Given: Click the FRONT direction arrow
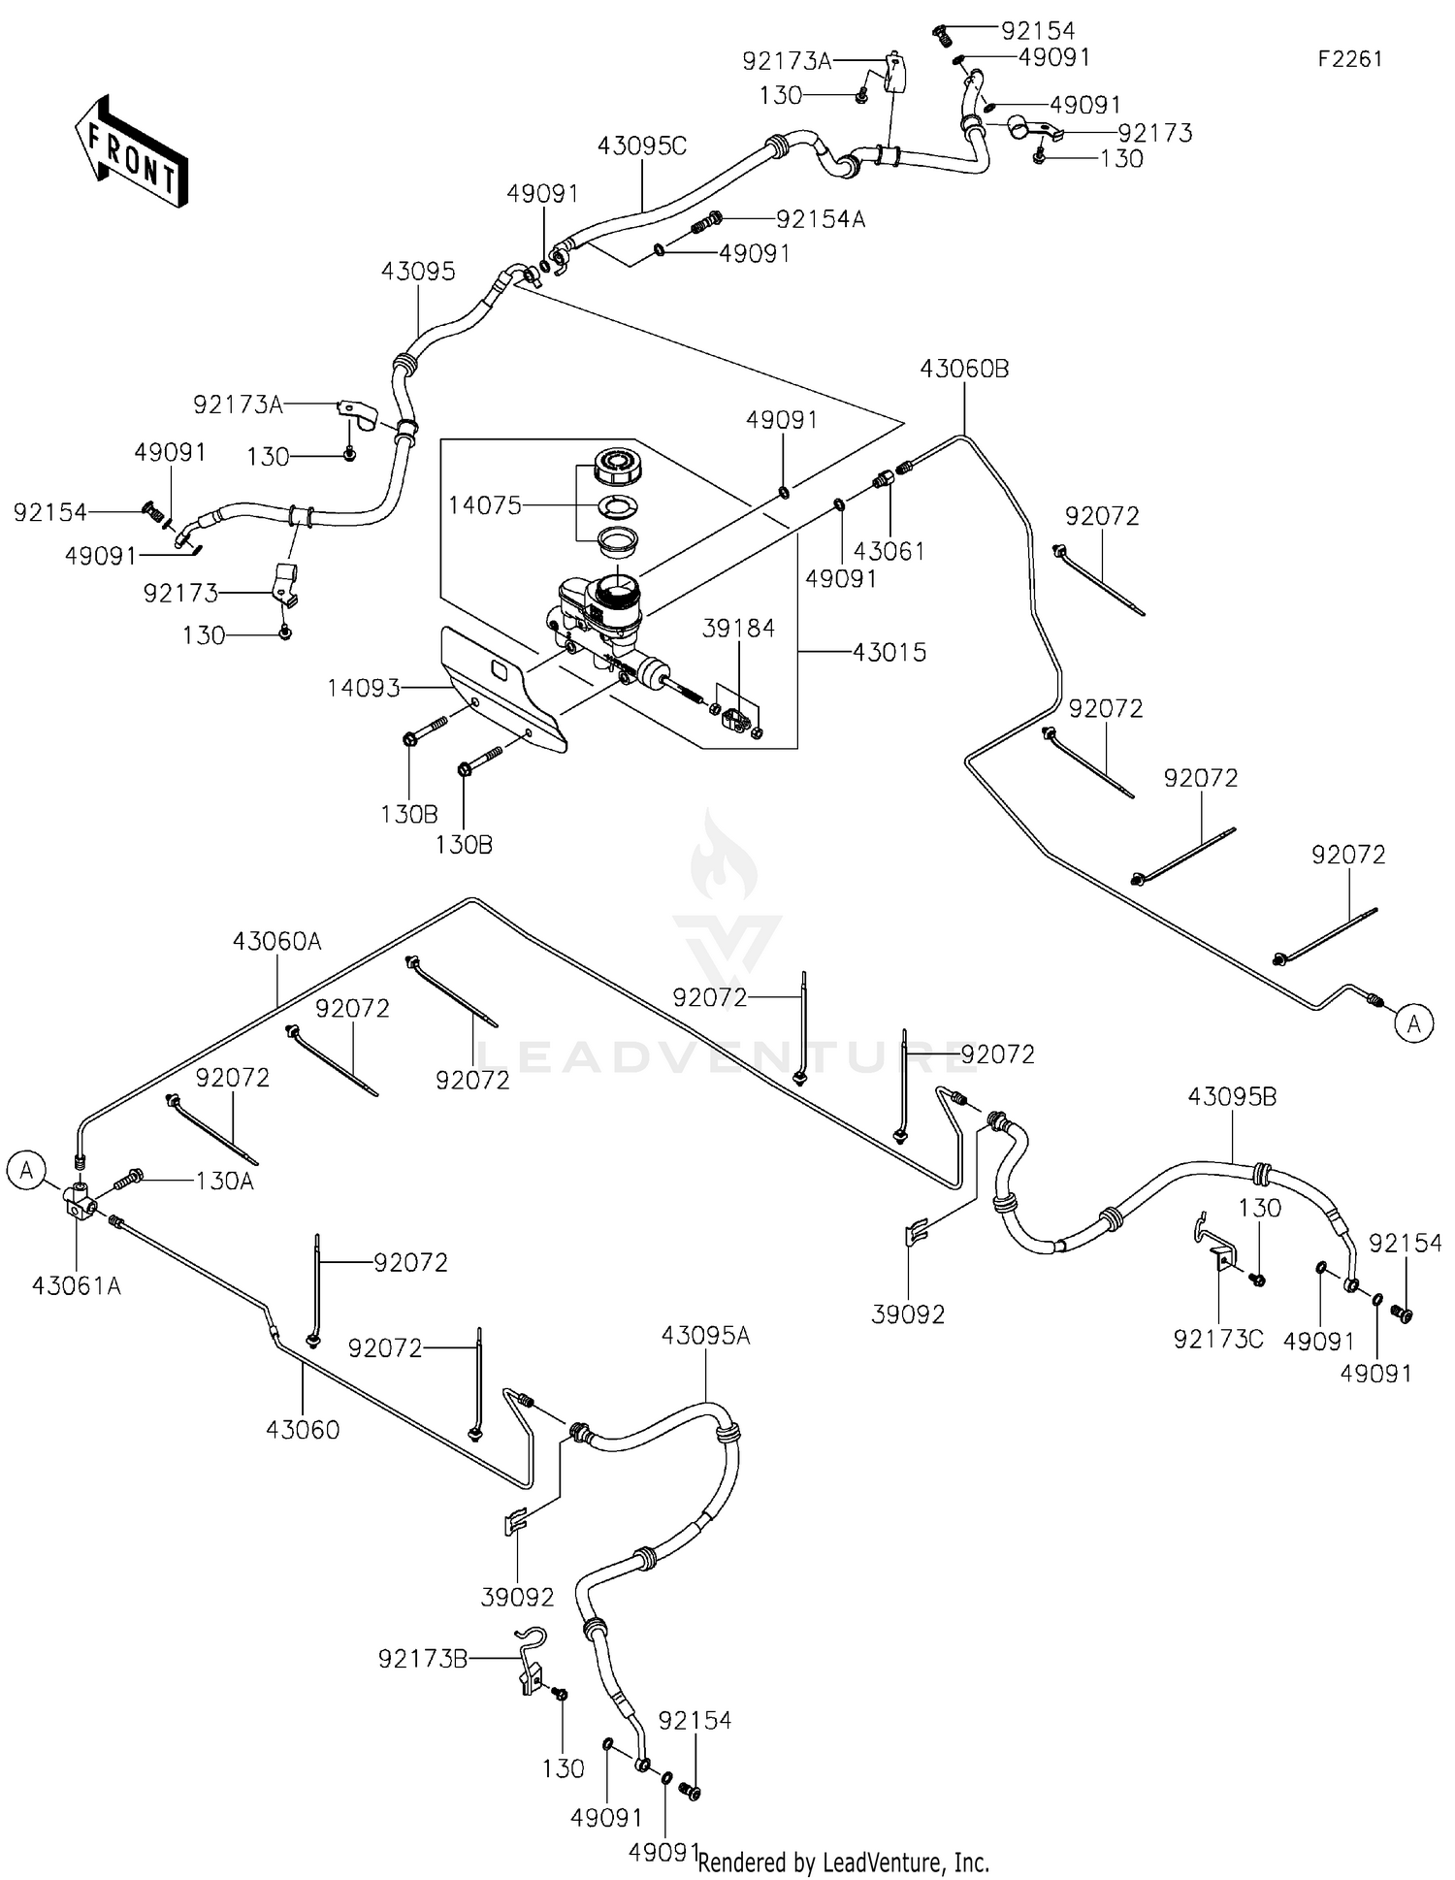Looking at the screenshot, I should (132, 152).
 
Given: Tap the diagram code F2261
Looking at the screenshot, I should (1349, 59).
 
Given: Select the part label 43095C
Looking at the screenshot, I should (641, 146).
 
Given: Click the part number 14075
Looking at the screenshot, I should (484, 505).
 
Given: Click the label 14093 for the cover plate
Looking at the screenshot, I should (363, 688).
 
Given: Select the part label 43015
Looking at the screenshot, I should (889, 652).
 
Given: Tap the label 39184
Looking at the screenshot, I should (738, 629).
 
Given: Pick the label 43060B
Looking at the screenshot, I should (964, 369).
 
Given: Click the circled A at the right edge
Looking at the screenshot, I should (1413, 1023).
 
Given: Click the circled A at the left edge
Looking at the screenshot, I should (26, 1171).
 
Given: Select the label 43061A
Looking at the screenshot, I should (77, 1286).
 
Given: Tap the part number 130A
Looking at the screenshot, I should (224, 1181).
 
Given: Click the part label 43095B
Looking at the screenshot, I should (1232, 1096).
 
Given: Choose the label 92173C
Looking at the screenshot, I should (1218, 1339).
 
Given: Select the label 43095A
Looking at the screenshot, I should (705, 1336).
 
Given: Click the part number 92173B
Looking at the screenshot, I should (423, 1659).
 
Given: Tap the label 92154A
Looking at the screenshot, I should (820, 219).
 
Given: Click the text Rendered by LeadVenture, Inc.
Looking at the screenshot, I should (843, 1862).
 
